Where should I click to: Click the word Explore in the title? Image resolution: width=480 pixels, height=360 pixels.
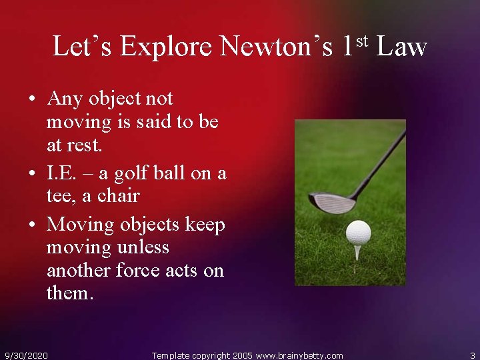pyautogui.click(x=166, y=47)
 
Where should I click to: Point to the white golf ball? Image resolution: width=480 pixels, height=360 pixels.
pyautogui.click(x=358, y=233)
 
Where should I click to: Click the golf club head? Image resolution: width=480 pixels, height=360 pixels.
pyautogui.click(x=333, y=202)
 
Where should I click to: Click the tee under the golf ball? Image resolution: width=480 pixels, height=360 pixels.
pyautogui.click(x=358, y=251)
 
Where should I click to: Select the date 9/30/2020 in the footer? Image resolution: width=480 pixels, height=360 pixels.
pyautogui.click(x=26, y=355)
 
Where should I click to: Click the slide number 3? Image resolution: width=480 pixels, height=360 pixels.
pyautogui.click(x=471, y=355)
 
